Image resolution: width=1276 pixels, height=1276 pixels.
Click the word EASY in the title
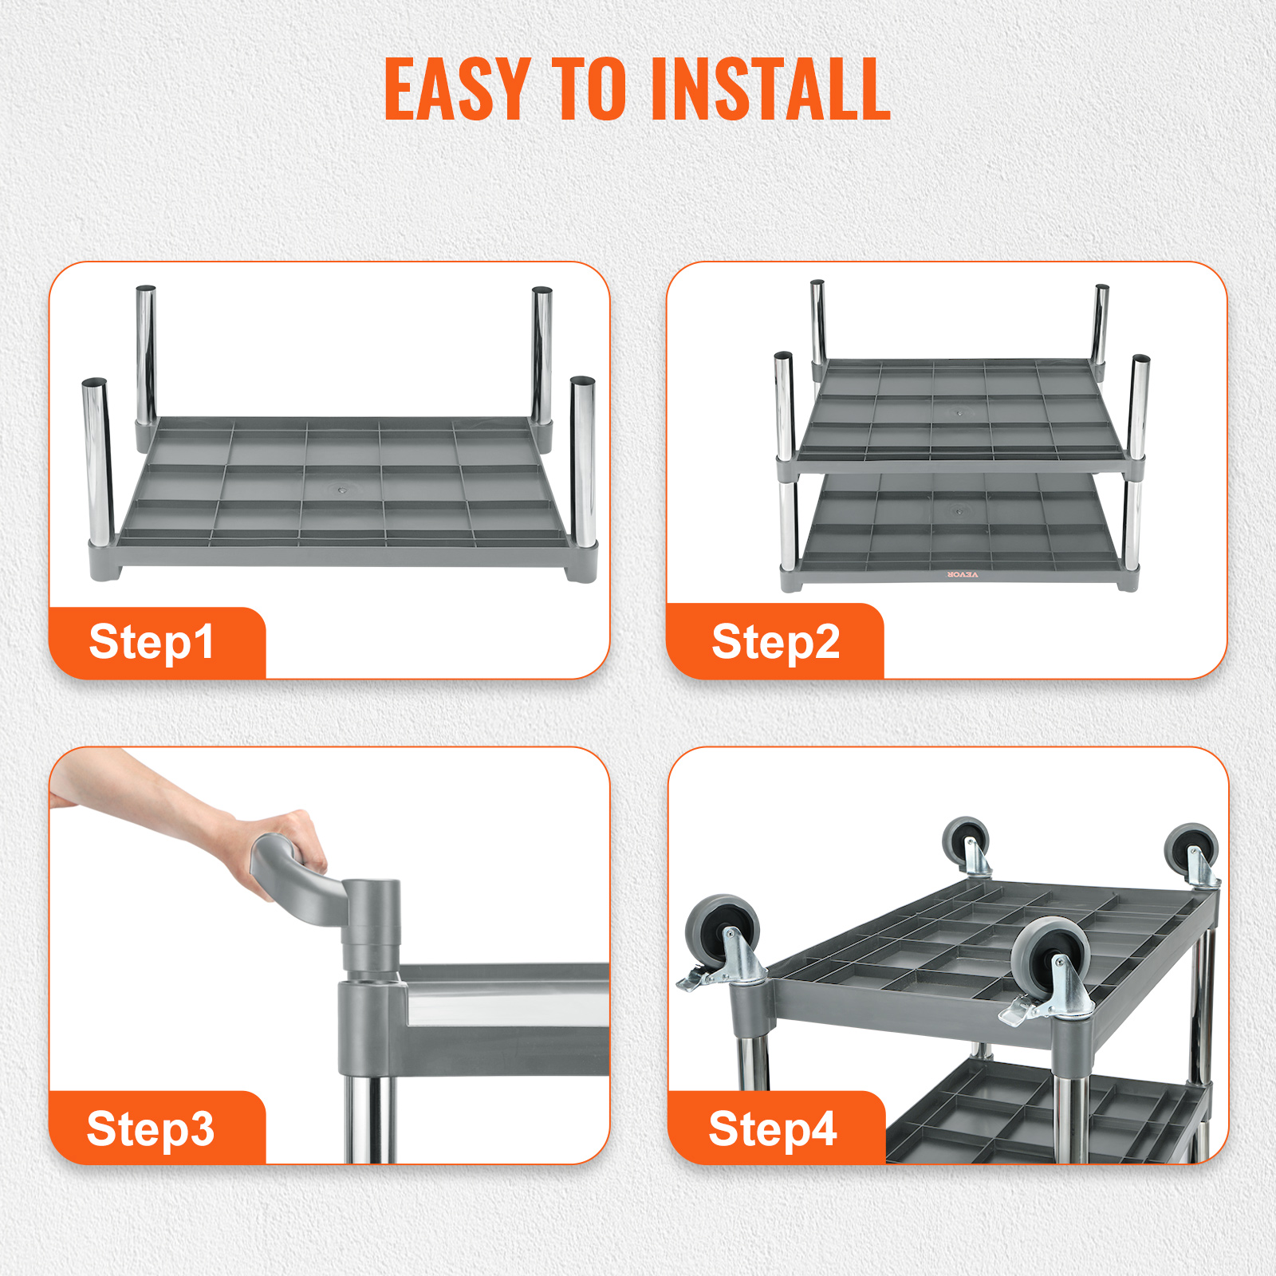(x=457, y=89)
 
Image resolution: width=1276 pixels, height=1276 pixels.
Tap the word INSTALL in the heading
(x=770, y=89)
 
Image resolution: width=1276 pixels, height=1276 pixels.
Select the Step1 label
(x=152, y=643)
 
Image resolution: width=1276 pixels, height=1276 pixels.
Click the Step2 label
(x=775, y=643)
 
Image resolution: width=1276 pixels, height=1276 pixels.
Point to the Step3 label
(x=151, y=1129)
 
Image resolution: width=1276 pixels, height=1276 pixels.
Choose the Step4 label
(x=773, y=1129)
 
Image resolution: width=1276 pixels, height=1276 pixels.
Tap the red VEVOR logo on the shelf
(x=962, y=574)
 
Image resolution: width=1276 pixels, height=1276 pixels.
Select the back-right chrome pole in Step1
(x=542, y=355)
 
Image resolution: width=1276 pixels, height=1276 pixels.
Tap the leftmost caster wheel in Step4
(x=723, y=933)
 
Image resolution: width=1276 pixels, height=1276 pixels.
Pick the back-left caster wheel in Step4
(x=966, y=842)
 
